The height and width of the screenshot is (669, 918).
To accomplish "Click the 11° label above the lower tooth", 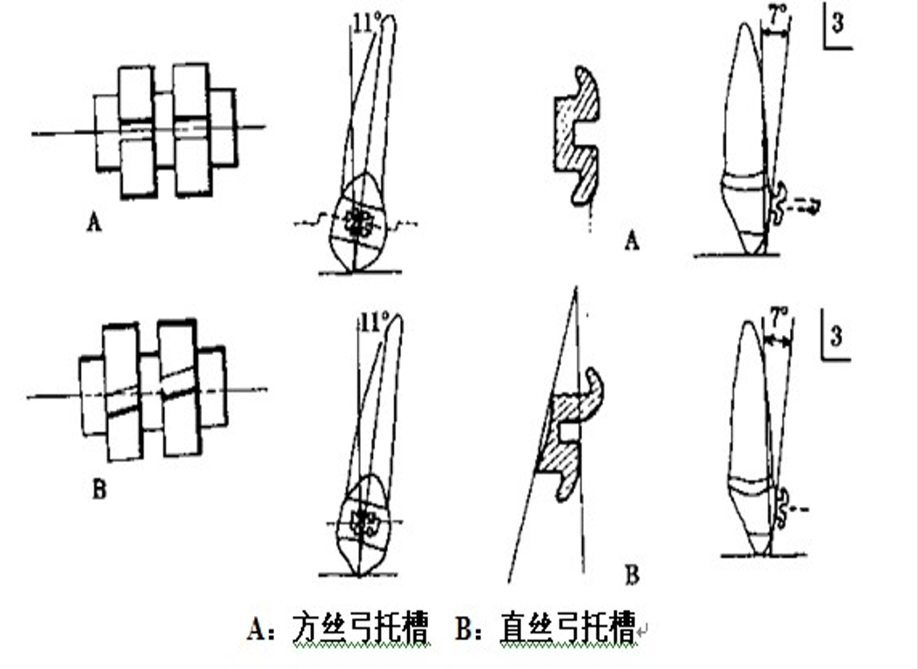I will pyautogui.click(x=372, y=322).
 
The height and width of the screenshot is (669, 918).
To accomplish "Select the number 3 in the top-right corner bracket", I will pyautogui.click(x=837, y=24).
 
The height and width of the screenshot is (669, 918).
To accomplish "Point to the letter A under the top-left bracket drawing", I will pyautogui.click(x=93, y=224).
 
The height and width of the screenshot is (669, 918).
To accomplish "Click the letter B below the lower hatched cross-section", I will pyautogui.click(x=632, y=575).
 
